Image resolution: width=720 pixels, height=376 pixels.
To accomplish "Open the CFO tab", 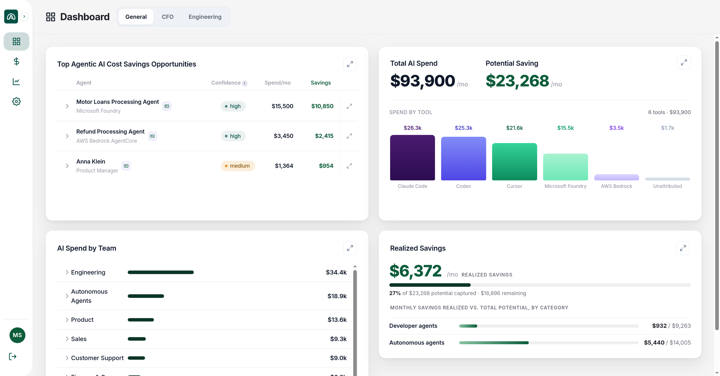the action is [x=168, y=17].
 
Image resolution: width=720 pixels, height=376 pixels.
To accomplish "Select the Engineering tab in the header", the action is [x=205, y=17].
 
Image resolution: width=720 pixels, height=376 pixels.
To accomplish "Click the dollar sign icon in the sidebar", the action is [x=16, y=61].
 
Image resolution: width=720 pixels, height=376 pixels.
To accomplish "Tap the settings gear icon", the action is [x=16, y=101].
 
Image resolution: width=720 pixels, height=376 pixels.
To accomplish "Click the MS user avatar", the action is [x=17, y=335].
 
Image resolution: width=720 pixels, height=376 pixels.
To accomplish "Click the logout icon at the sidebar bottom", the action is [x=13, y=357].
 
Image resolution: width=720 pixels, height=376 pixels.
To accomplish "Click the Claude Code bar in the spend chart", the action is [x=412, y=158].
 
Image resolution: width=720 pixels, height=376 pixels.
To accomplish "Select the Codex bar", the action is [x=463, y=158].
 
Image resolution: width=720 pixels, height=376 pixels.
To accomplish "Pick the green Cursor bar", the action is [x=514, y=162].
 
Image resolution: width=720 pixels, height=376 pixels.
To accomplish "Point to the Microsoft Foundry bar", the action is [x=565, y=167].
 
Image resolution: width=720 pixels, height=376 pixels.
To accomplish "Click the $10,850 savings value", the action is [x=322, y=106].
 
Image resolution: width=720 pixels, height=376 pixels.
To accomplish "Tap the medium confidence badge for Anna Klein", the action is [x=238, y=166].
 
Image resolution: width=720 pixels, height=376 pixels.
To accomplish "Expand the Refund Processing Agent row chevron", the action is [x=67, y=136].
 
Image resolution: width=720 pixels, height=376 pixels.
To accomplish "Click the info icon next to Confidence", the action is [x=245, y=83].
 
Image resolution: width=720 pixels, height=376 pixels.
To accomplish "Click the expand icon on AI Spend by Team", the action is [x=350, y=248].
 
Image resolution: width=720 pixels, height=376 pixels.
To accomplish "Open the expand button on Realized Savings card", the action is [x=683, y=248].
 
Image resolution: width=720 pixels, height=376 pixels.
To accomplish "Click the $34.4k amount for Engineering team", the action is [x=336, y=272].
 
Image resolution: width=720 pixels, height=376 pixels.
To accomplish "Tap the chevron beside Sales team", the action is [x=67, y=339].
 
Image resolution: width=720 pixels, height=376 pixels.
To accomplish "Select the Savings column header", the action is [x=321, y=83].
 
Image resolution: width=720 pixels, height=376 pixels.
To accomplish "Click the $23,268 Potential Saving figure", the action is [x=517, y=81].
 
